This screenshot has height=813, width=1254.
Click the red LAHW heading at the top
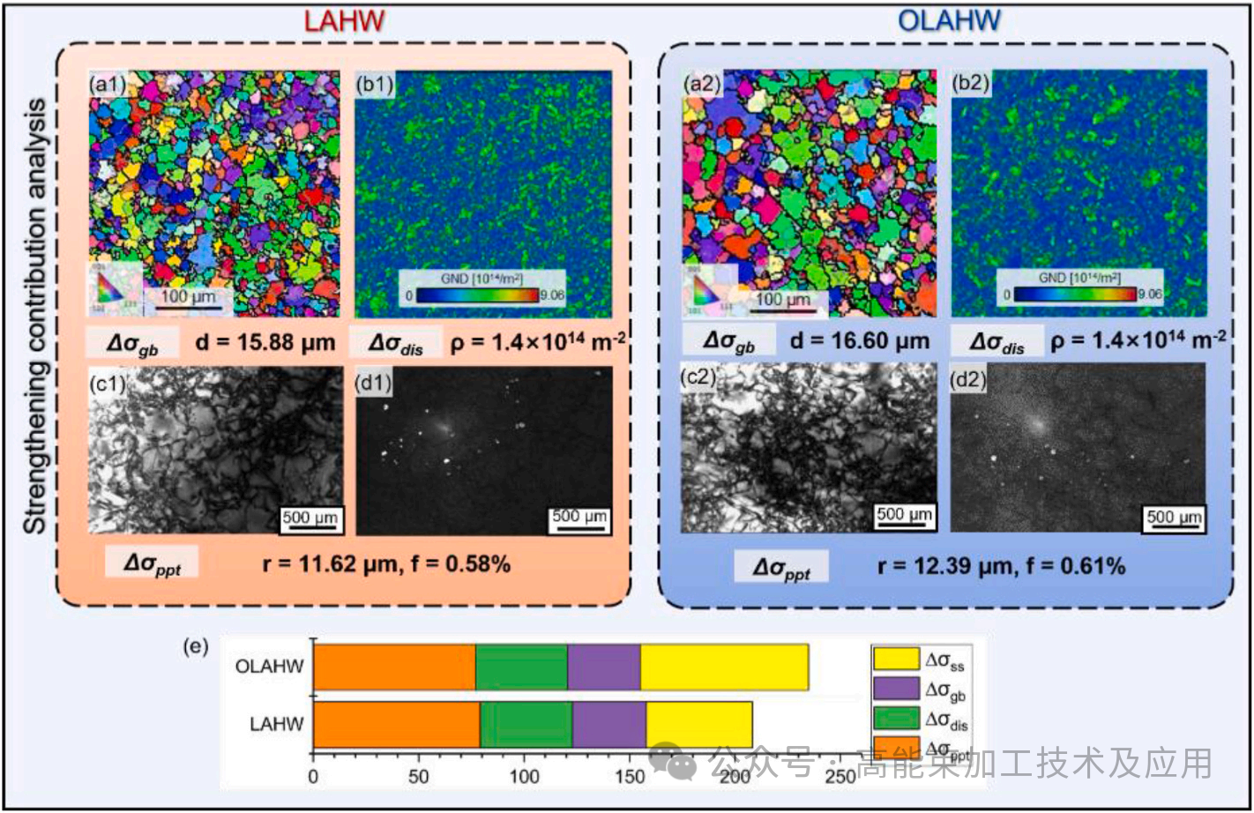[344, 19]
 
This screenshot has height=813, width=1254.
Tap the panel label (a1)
[108, 86]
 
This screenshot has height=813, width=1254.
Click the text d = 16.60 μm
[860, 340]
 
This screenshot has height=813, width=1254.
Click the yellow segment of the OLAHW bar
[724, 667]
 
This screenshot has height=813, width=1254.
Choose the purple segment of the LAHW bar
[608, 724]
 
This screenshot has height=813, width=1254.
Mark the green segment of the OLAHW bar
[521, 667]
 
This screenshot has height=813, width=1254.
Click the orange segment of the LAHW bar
[396, 724]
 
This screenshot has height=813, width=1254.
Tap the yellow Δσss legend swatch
[895, 659]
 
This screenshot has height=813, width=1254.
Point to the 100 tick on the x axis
[525, 777]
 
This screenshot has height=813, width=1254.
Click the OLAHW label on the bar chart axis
[269, 667]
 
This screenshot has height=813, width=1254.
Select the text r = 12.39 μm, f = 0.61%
[1001, 566]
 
